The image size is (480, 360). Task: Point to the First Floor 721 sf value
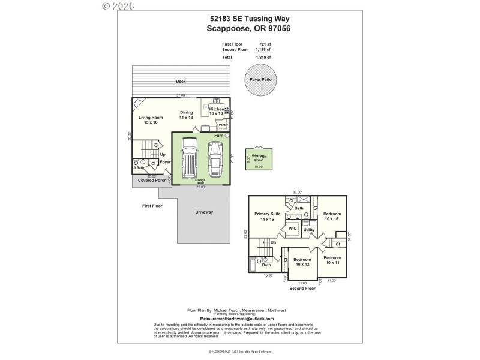265,44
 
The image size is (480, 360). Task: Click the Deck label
181,82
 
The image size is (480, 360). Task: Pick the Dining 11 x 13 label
187,115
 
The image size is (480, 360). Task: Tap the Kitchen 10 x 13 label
216,111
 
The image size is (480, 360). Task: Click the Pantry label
223,125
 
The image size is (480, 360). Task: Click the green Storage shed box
259,159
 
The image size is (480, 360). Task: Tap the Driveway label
204,212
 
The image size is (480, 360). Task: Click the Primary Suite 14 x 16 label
268,217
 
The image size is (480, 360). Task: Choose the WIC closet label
293,229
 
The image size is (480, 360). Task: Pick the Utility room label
309,230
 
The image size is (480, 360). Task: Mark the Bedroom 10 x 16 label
332,217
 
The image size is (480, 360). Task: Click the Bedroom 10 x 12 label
302,262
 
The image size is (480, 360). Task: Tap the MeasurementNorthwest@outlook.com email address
236,319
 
